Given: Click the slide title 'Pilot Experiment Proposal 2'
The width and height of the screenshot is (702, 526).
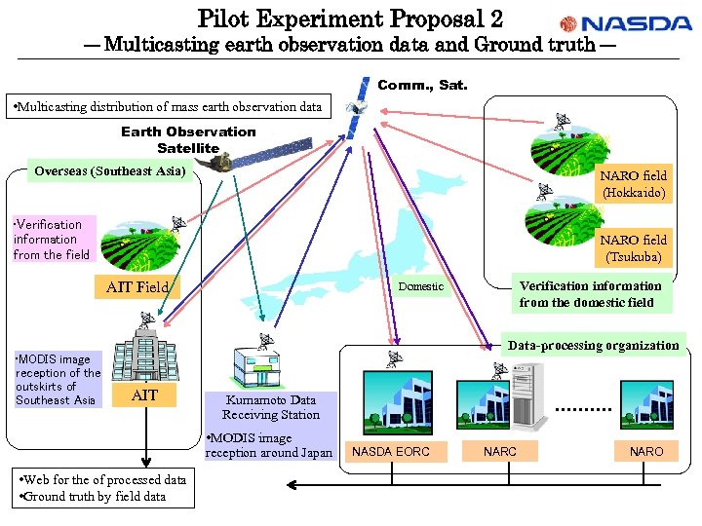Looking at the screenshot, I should pos(350,18).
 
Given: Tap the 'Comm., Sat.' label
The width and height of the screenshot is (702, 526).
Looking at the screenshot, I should pos(422,86).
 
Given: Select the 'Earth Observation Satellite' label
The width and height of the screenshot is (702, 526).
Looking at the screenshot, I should pos(188,139).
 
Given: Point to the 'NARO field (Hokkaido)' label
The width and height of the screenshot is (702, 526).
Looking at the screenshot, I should pos(634,184).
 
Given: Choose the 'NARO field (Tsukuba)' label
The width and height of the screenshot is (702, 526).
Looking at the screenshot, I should pos(634,248).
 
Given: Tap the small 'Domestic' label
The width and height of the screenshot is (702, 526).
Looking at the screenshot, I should pos(420,286).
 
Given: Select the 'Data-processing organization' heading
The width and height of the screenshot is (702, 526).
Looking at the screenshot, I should pos(593,346).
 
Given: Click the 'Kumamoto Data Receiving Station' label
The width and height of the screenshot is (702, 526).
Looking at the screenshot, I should pos(271,407).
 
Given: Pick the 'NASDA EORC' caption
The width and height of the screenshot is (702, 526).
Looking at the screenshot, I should pos(390,451).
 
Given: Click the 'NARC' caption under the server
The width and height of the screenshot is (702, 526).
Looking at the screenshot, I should pos(500,451).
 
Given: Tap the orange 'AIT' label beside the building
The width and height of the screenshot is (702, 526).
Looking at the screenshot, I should pos(144,394).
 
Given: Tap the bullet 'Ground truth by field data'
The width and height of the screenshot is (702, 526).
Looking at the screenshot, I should pos(95,496).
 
